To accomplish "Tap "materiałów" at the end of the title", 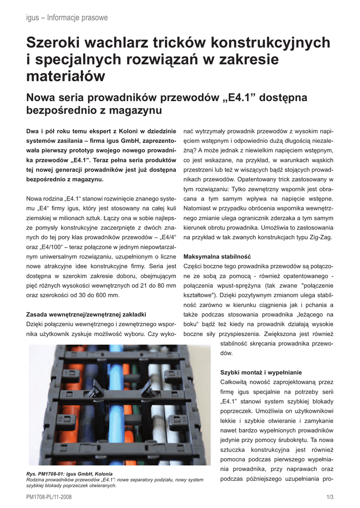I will tap(66, 76).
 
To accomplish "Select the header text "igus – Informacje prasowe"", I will tap(67, 18).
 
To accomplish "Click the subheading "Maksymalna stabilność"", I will tap(217, 257).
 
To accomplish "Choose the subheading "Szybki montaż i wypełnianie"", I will tap(261, 372).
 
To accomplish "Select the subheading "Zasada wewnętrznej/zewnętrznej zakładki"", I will tap(85, 314).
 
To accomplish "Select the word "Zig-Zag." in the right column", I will tap(319, 238).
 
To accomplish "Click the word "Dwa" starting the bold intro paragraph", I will tap(33, 131).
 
